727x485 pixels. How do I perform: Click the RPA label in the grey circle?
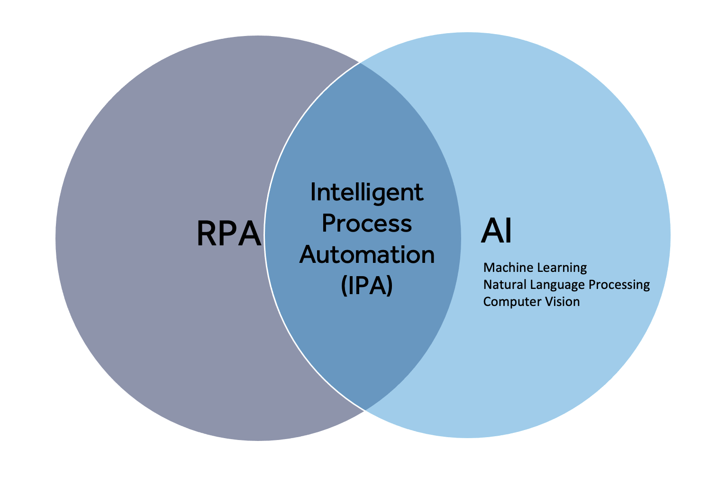[x=228, y=234]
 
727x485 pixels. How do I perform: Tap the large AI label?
[x=496, y=231]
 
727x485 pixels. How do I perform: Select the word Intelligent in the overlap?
[x=367, y=193]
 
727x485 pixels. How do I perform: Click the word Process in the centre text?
[x=367, y=223]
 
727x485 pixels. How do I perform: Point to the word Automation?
[x=367, y=254]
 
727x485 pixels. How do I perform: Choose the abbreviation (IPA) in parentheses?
[x=367, y=285]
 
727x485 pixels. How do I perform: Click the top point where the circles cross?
[x=360, y=63]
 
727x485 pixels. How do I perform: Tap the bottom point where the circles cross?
[x=364, y=410]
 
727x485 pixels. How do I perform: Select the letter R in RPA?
[x=207, y=234]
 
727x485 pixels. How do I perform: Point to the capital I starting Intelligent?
[x=313, y=192]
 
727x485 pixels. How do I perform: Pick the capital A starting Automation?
[x=309, y=254]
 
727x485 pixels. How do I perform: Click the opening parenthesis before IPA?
[x=345, y=286]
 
